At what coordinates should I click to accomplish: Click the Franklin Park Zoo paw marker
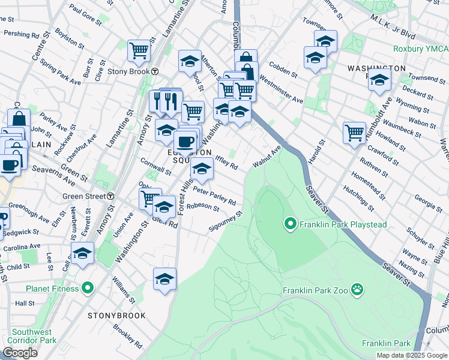[x=358, y=290]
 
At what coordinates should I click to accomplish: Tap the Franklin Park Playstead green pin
[x=291, y=224]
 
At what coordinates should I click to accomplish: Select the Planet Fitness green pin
[x=87, y=289]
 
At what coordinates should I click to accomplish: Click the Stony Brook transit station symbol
[x=155, y=71]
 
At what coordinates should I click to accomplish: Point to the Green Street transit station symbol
[x=111, y=196]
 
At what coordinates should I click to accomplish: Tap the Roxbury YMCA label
[x=420, y=49]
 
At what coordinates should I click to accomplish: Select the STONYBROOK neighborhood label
[x=113, y=316]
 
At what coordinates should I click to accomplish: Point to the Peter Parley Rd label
[x=214, y=197]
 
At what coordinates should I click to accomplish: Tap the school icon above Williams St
[x=164, y=278]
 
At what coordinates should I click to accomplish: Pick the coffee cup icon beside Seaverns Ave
[x=10, y=165]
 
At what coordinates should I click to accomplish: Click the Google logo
[x=20, y=353]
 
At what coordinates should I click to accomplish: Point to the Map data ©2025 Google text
[x=411, y=355]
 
